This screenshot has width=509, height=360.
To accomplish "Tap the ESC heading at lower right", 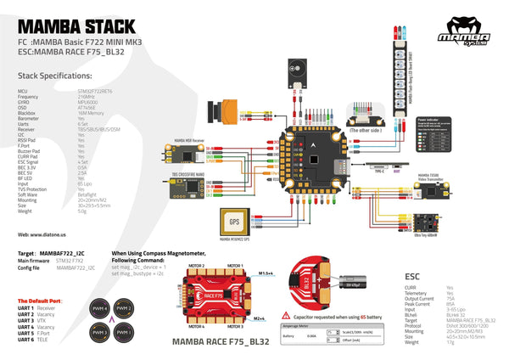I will coord(413,276).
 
